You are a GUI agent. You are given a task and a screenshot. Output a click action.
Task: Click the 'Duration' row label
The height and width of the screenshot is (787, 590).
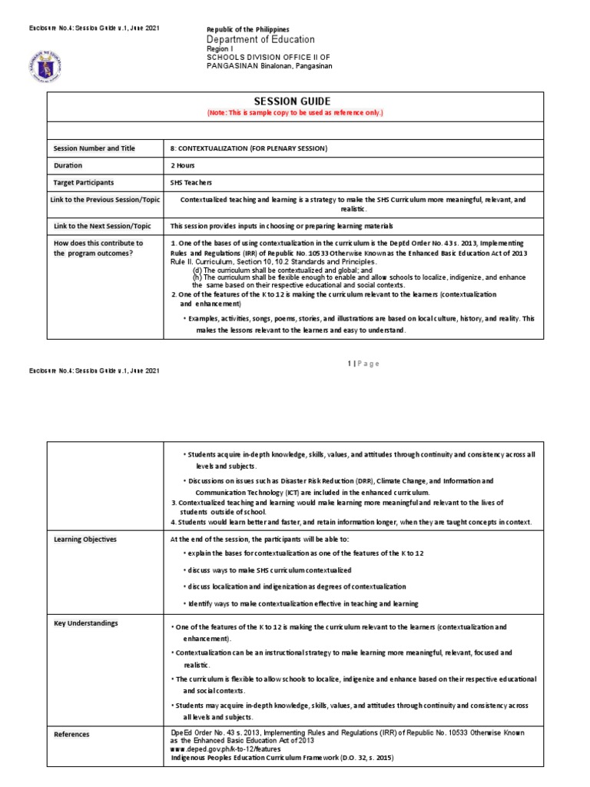pos(68,165)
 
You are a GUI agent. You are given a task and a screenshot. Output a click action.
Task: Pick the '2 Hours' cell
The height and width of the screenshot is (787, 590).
pos(183,165)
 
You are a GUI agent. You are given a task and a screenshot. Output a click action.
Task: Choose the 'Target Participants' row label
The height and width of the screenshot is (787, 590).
pos(84,183)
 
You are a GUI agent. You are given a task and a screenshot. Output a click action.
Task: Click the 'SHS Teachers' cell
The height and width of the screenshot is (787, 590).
pos(191,183)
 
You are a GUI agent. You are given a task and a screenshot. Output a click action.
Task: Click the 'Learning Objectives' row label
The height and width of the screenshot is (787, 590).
pos(85,539)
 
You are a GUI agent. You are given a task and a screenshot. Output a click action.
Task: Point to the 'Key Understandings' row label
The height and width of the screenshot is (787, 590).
pos(85,623)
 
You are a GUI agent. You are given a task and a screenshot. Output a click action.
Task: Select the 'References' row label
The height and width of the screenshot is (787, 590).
pos(72,734)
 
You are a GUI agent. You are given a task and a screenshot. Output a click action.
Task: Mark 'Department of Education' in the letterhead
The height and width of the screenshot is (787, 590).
pos(260,39)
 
